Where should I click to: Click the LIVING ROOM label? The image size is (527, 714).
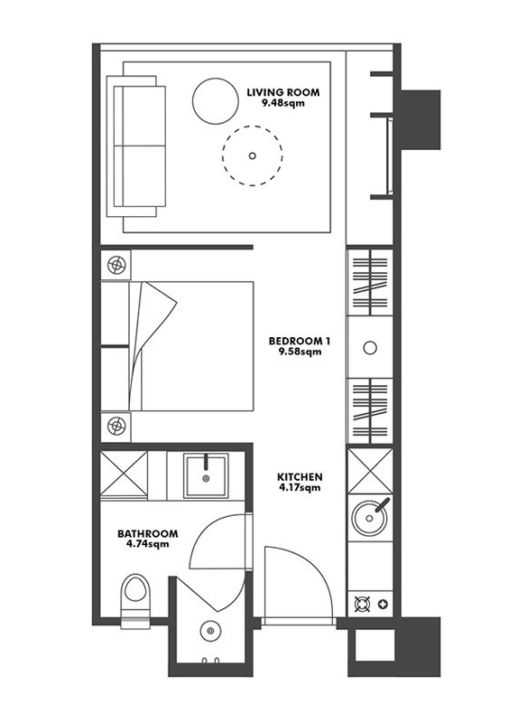pyautogui.click(x=282, y=92)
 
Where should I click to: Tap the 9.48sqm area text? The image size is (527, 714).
pyautogui.click(x=282, y=103)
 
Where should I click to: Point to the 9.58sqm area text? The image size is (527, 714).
pyautogui.click(x=300, y=352)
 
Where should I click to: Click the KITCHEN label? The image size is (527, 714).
pyautogui.click(x=300, y=477)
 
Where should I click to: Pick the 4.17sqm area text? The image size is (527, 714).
pyautogui.click(x=300, y=488)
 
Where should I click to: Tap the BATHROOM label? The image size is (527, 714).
pyautogui.click(x=148, y=533)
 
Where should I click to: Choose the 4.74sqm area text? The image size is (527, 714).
pyautogui.click(x=148, y=544)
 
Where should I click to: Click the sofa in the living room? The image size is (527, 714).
pyautogui.click(x=136, y=146)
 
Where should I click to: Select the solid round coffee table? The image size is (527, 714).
pyautogui.click(x=216, y=101)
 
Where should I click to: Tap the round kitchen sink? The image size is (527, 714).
pyautogui.click(x=370, y=518)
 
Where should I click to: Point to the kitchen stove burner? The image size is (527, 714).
pyautogui.click(x=363, y=605)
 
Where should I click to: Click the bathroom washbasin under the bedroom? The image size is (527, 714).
pyautogui.click(x=206, y=477)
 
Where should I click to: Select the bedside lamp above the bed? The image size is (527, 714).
pyautogui.click(x=116, y=264)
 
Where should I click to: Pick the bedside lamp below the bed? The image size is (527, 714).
pyautogui.click(x=116, y=426)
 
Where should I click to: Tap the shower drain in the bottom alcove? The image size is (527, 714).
pyautogui.click(x=210, y=631)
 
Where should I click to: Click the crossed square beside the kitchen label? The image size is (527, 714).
pyautogui.click(x=370, y=471)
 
